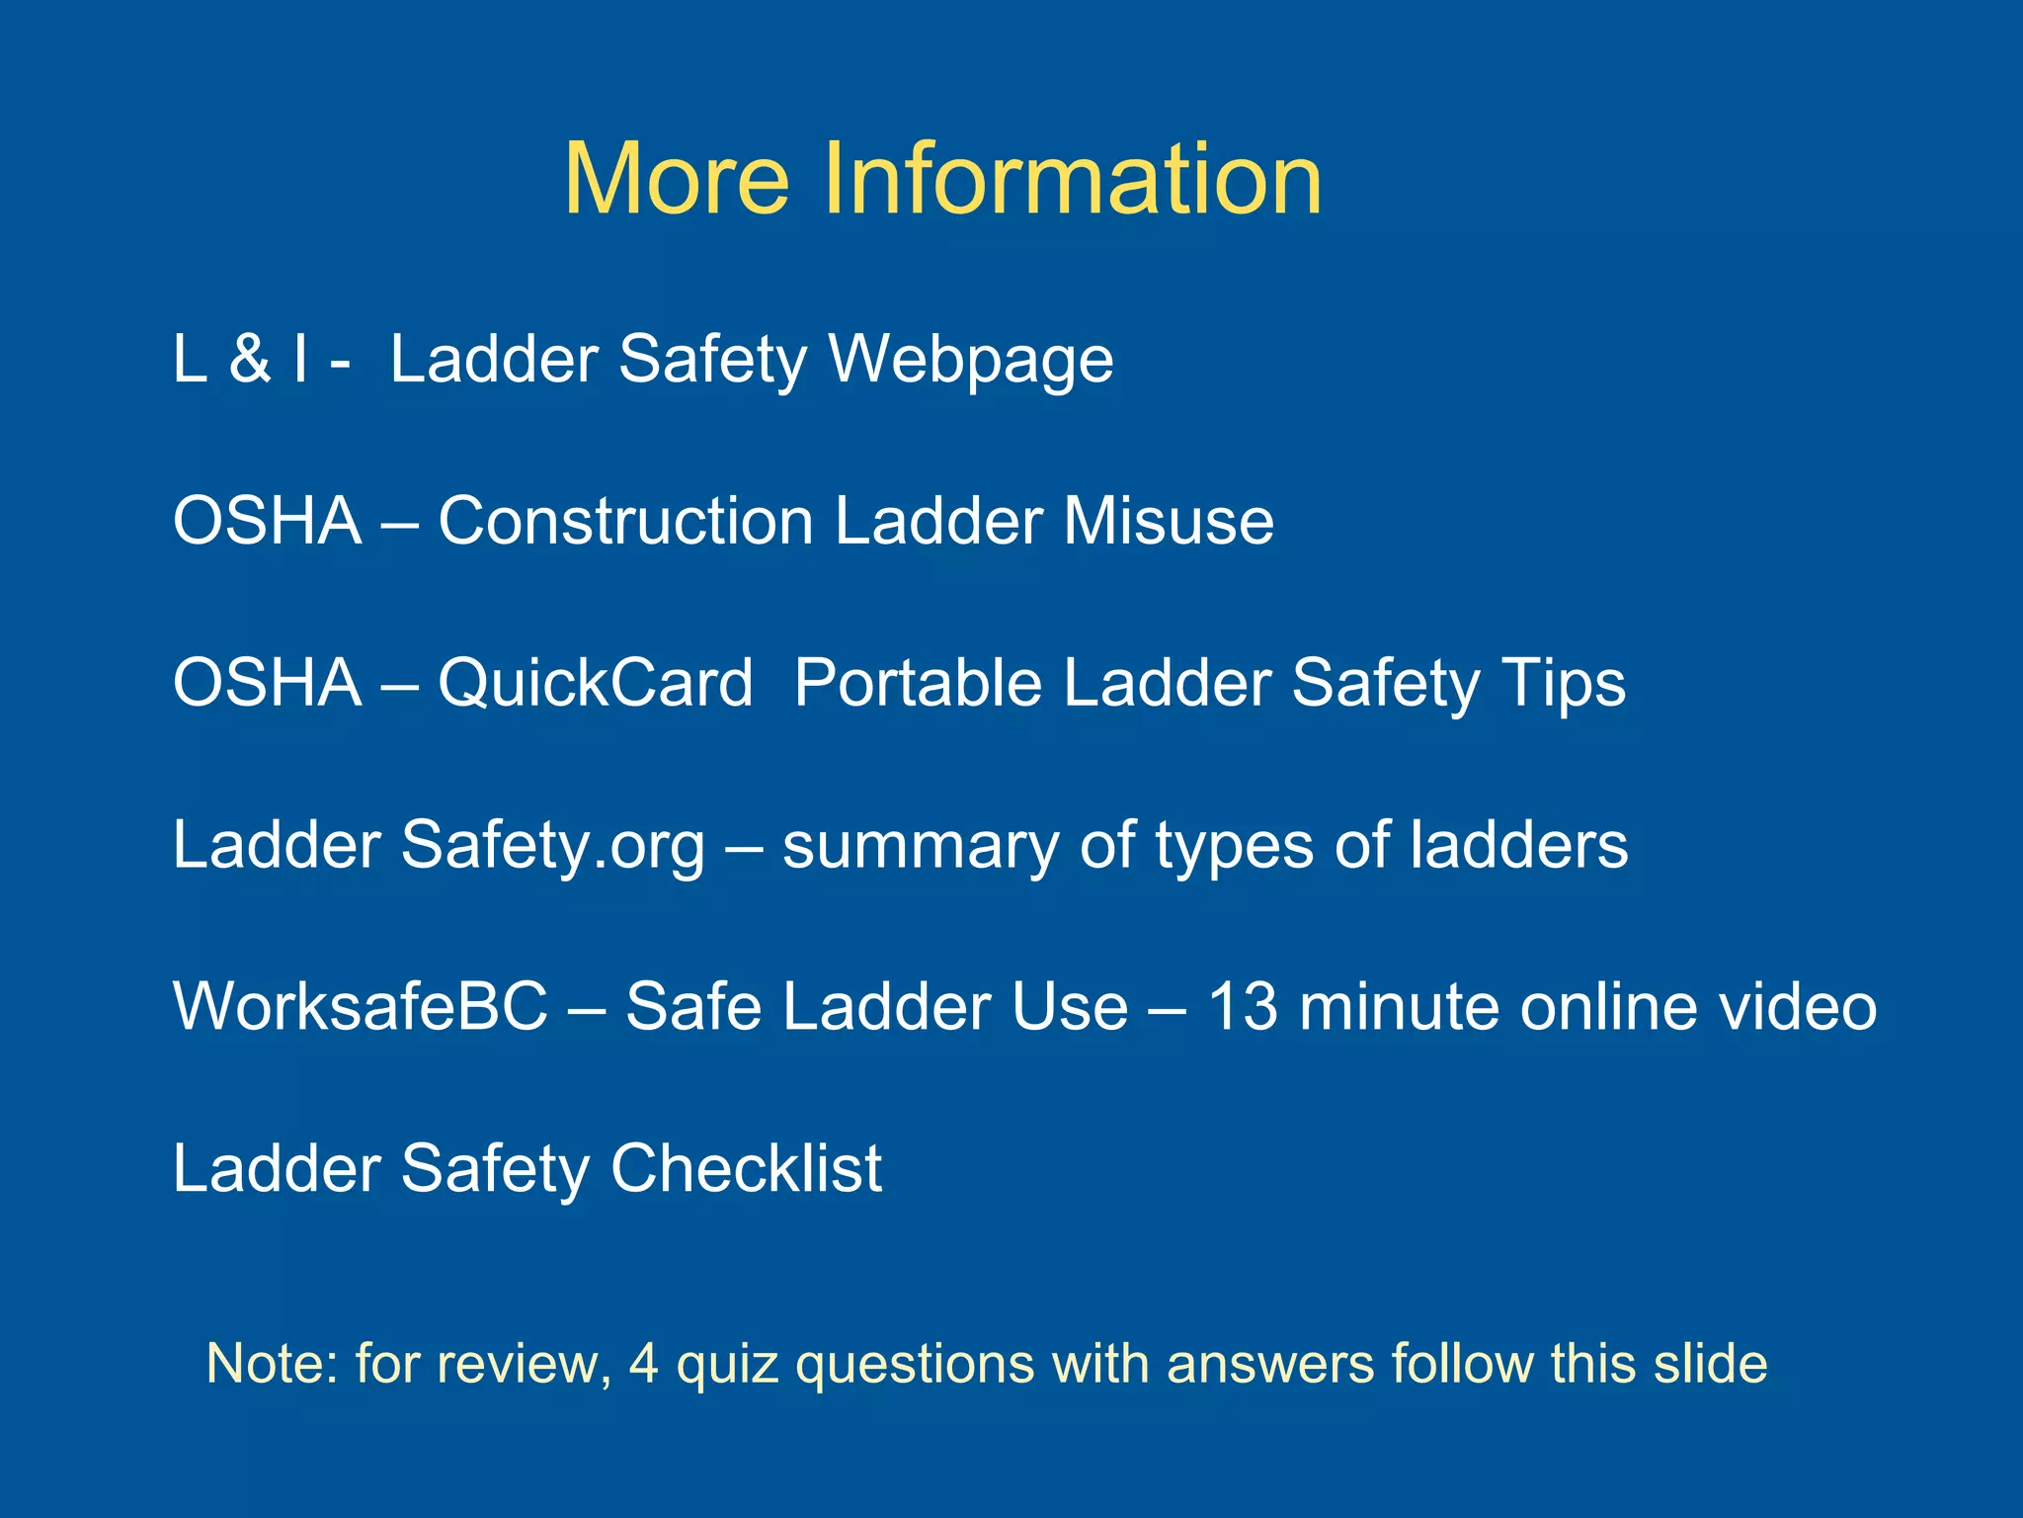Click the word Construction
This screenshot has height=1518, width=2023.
click(x=625, y=521)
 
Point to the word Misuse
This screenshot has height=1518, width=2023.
click(x=1168, y=521)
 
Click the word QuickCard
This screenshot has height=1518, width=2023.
click(x=595, y=684)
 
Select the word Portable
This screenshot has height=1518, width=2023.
click(x=918, y=683)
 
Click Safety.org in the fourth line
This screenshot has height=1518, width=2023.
click(x=553, y=846)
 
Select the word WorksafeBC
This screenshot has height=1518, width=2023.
click(x=361, y=1007)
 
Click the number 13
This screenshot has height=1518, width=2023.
click(x=1243, y=1007)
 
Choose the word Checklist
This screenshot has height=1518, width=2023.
click(x=746, y=1168)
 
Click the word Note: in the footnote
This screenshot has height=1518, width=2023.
click(x=272, y=1364)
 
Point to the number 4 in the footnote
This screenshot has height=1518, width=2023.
click(x=643, y=1364)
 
